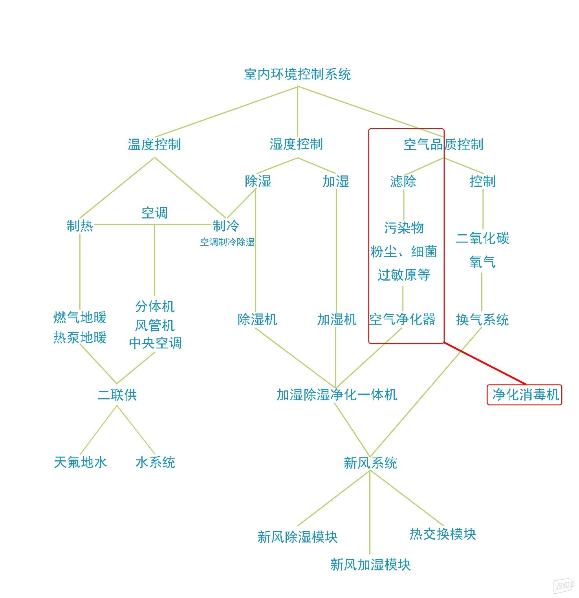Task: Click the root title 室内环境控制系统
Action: pos(297,74)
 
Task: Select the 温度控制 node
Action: pos(154,144)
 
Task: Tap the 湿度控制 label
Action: pos(296,144)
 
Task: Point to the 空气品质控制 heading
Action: pos(443,144)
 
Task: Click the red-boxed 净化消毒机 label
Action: pos(526,394)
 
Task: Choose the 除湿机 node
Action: pos(257,319)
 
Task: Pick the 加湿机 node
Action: pos(337,319)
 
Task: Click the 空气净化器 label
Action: pos(402,319)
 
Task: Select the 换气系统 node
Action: pos(482,319)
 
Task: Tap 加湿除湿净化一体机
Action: pos(337,394)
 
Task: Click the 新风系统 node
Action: pos(370,463)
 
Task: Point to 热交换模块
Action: pos(443,534)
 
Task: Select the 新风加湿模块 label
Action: pos(370,564)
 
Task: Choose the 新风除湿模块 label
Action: pos(297,536)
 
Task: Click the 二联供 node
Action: pos(117,394)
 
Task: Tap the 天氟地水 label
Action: pos(80,462)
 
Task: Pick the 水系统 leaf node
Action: pos(155,462)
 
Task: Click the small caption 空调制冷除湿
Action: pos(227,242)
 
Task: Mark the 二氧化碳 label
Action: pos(482,238)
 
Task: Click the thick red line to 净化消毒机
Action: pos(485,363)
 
